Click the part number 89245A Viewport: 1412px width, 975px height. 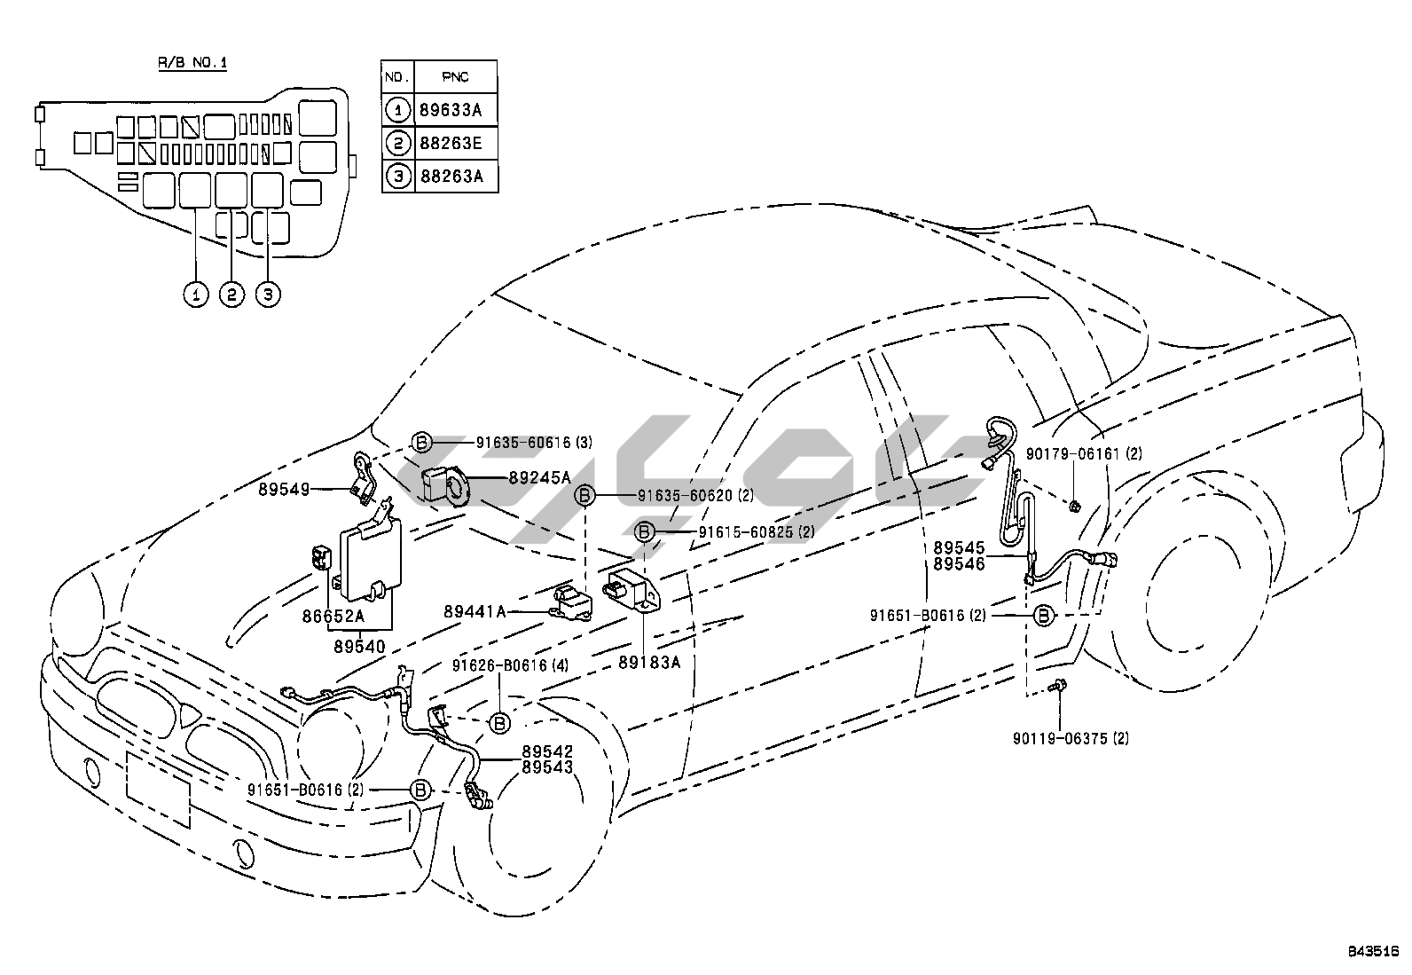pyautogui.click(x=540, y=477)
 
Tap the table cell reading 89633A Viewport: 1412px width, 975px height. pyautogui.click(x=457, y=110)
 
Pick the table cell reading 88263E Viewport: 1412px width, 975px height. pyautogui.click(x=457, y=143)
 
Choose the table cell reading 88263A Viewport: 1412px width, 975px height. pyautogui.click(x=457, y=176)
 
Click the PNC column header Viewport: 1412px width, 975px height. pyautogui.click(x=457, y=77)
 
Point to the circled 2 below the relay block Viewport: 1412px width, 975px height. pyautogui.click(x=231, y=294)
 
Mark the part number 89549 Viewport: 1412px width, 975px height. pyautogui.click(x=285, y=488)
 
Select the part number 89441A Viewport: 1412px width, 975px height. pyautogui.click(x=475, y=611)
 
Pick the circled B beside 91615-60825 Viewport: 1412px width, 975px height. pyautogui.click(x=645, y=532)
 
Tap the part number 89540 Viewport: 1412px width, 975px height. pyautogui.click(x=359, y=648)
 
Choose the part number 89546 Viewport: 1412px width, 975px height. pyautogui.click(x=960, y=563)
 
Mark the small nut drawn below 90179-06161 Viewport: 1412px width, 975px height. pyautogui.click(x=1073, y=506)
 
